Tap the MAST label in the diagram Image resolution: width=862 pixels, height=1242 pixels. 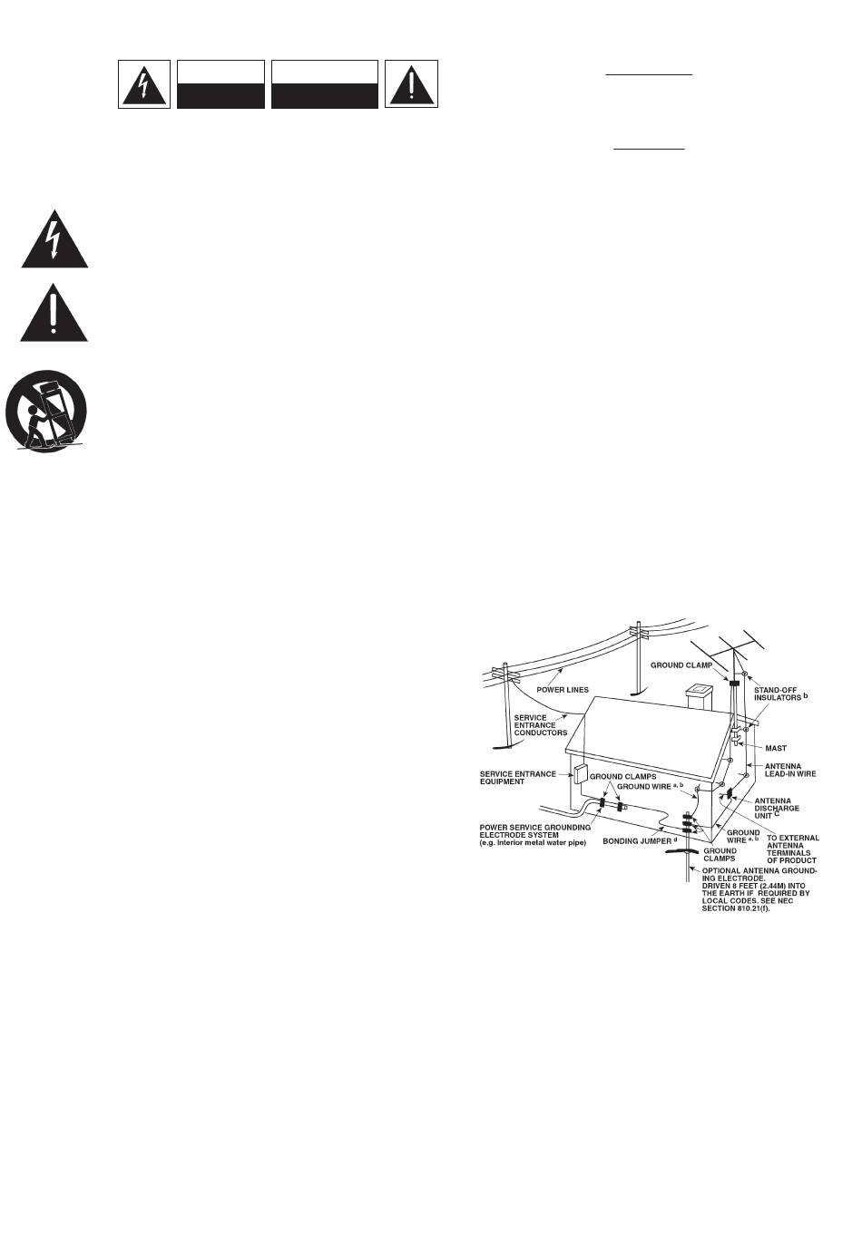tap(776, 749)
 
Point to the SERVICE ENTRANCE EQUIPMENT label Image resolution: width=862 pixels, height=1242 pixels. tap(517, 778)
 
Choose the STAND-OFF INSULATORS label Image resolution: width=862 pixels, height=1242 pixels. tap(781, 694)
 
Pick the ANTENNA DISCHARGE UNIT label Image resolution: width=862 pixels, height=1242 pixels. tap(778, 808)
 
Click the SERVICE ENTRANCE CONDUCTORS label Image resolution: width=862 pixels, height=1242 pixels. tap(541, 725)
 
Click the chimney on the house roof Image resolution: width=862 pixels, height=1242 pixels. tap(701, 697)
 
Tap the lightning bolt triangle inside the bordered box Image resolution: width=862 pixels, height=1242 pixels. tap(144, 84)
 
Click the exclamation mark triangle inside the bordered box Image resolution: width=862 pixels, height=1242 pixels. tap(411, 84)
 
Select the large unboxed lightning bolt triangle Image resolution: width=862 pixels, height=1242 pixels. tap(55, 238)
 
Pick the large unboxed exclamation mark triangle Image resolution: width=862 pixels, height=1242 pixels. tap(55, 314)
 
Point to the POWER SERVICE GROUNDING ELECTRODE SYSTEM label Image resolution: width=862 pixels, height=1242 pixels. tap(535, 835)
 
